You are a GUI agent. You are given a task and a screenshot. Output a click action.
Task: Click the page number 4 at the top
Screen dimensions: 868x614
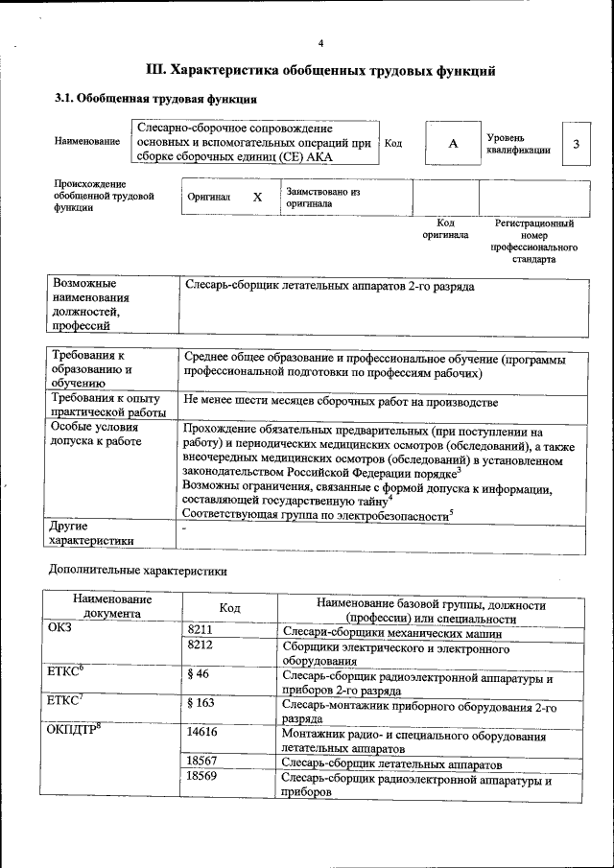click(320, 43)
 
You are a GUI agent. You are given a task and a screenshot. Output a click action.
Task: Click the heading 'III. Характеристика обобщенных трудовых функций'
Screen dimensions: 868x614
click(320, 70)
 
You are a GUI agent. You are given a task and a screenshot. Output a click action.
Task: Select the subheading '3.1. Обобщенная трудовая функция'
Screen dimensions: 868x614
click(154, 99)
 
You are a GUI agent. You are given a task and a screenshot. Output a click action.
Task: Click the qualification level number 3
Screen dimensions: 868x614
click(576, 144)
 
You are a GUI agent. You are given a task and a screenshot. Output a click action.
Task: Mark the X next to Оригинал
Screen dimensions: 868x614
click(256, 197)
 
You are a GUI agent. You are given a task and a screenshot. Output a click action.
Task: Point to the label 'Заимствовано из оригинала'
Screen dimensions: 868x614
click(322, 198)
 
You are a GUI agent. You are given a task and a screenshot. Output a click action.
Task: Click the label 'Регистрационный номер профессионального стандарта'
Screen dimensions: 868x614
click(533, 241)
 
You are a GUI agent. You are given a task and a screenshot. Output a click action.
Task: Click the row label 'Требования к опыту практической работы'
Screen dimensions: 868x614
click(106, 405)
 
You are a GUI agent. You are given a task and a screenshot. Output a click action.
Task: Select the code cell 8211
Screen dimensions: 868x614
click(200, 630)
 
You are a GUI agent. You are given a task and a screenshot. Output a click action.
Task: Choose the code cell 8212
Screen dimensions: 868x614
click(200, 647)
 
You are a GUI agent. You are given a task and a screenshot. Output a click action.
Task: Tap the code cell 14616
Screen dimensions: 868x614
click(200, 732)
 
